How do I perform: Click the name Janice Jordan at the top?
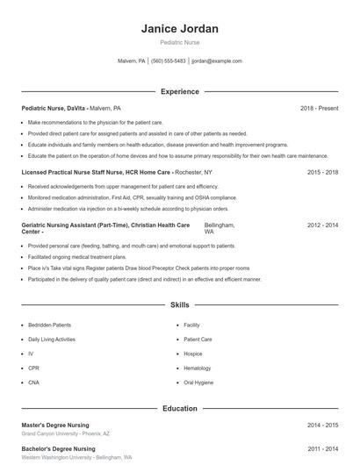click(x=180, y=29)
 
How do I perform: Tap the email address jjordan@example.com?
click(x=216, y=61)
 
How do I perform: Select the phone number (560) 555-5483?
click(x=169, y=61)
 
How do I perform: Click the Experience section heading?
click(x=180, y=91)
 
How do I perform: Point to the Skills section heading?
click(x=180, y=305)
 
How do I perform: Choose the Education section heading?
click(x=180, y=409)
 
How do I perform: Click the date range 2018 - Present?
click(x=319, y=107)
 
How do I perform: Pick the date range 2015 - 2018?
click(x=322, y=173)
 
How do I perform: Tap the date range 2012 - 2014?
click(x=322, y=225)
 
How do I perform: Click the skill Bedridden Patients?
click(x=49, y=325)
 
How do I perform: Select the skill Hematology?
click(x=198, y=368)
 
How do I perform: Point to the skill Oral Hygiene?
click(x=198, y=383)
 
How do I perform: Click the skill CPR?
click(x=33, y=368)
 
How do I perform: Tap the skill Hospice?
click(x=193, y=354)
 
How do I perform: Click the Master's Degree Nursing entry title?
click(x=59, y=425)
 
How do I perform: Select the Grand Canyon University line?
click(x=65, y=433)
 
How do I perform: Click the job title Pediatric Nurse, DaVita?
click(x=54, y=107)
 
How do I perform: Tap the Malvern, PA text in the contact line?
click(x=131, y=61)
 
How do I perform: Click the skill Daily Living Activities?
click(x=52, y=339)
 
